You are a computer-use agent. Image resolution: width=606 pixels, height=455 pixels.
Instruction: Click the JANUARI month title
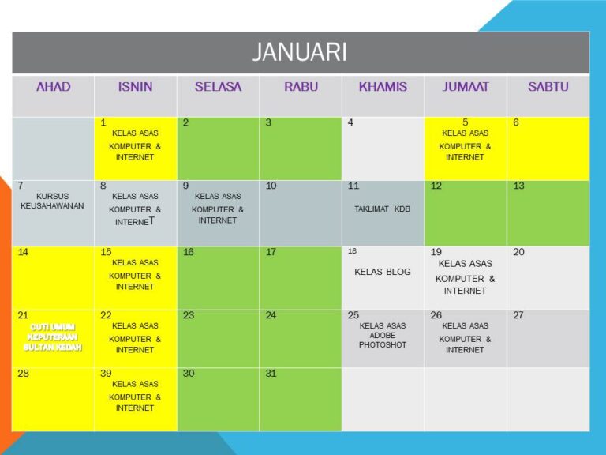300,52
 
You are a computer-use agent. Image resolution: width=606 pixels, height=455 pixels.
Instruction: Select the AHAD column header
54,87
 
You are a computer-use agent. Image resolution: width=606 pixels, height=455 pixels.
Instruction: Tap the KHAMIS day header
383,87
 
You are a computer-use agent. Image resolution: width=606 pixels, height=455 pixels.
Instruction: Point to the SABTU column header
548,87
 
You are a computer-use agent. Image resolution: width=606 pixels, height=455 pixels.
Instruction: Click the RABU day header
301,87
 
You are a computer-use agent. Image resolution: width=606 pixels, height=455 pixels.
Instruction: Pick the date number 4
350,122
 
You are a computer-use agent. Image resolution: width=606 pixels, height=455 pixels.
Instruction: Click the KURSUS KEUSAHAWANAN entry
52,201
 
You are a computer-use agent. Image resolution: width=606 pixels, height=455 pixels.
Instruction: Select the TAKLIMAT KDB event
382,209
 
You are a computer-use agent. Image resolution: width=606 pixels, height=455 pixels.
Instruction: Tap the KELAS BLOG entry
382,272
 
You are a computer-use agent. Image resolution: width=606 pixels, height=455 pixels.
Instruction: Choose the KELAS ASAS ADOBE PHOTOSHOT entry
382,335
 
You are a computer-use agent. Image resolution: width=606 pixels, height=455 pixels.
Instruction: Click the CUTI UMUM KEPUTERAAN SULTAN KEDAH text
53,337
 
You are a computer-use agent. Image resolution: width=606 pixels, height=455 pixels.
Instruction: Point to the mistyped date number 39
106,374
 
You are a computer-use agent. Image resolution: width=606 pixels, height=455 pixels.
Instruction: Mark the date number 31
271,374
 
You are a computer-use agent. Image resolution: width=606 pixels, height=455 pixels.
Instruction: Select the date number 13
518,186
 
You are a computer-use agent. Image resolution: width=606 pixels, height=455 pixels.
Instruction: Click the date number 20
518,252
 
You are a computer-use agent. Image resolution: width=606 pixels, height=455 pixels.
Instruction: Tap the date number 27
518,315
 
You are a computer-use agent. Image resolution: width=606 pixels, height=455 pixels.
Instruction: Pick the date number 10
271,186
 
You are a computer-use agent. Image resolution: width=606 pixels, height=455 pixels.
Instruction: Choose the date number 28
23,374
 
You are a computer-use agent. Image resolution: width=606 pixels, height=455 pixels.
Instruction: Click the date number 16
189,252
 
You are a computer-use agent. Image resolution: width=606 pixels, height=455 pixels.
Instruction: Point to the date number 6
516,122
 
